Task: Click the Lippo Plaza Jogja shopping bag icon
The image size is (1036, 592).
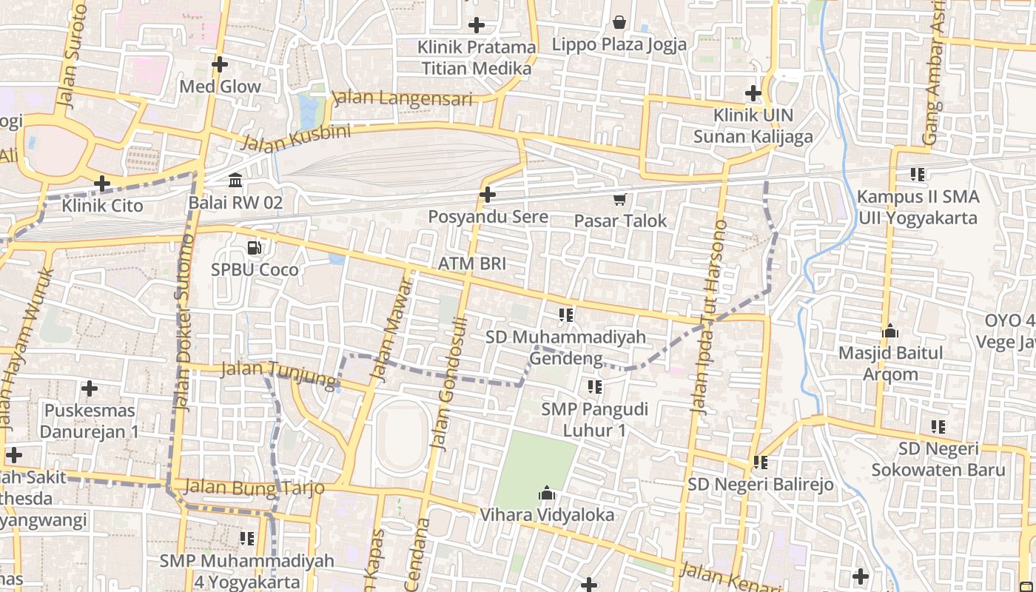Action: [x=619, y=22]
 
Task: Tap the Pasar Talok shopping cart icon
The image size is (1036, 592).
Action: [x=619, y=198]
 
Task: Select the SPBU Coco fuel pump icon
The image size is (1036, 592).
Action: [x=254, y=248]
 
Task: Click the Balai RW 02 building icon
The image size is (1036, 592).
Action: [x=235, y=180]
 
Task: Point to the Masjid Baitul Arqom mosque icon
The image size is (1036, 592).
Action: [x=889, y=331]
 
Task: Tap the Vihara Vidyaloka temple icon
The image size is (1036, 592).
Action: [x=547, y=493]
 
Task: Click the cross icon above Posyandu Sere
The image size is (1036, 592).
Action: [x=488, y=195]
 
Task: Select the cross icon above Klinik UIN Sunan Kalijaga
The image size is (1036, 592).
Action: [x=753, y=93]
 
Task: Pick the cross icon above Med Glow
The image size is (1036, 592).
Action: [x=219, y=64]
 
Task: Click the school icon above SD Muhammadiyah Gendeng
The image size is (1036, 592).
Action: [x=566, y=315]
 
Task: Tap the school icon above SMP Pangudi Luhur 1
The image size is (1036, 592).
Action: [x=594, y=386]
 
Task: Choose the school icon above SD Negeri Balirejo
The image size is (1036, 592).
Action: [x=760, y=462]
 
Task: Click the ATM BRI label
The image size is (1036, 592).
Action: [x=472, y=263]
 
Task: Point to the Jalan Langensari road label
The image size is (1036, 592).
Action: [x=403, y=98]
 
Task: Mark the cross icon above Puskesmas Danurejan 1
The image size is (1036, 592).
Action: [x=90, y=388]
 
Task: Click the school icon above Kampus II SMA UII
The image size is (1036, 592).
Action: [x=918, y=175]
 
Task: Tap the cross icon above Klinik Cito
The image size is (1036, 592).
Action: [x=102, y=183]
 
